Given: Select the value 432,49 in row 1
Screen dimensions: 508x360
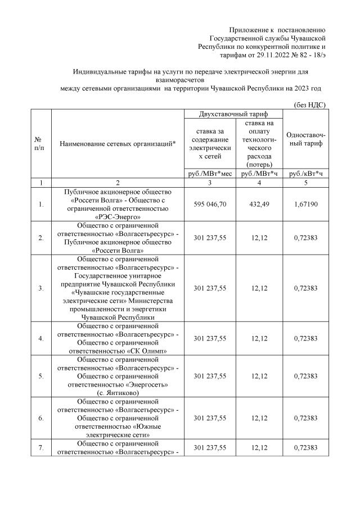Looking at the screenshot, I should coord(257,204).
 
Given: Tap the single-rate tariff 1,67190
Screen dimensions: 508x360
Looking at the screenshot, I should coord(304,204).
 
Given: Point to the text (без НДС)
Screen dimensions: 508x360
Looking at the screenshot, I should coord(310,105).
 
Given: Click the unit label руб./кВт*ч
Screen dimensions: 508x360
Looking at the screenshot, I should coord(304,174).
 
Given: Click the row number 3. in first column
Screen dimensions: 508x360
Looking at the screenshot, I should coord(40,288).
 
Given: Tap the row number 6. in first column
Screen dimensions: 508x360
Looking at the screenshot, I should coord(40,418).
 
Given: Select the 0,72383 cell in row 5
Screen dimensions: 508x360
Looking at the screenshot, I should coord(304,376).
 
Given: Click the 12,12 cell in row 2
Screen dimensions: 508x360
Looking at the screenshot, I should coord(257,238).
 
